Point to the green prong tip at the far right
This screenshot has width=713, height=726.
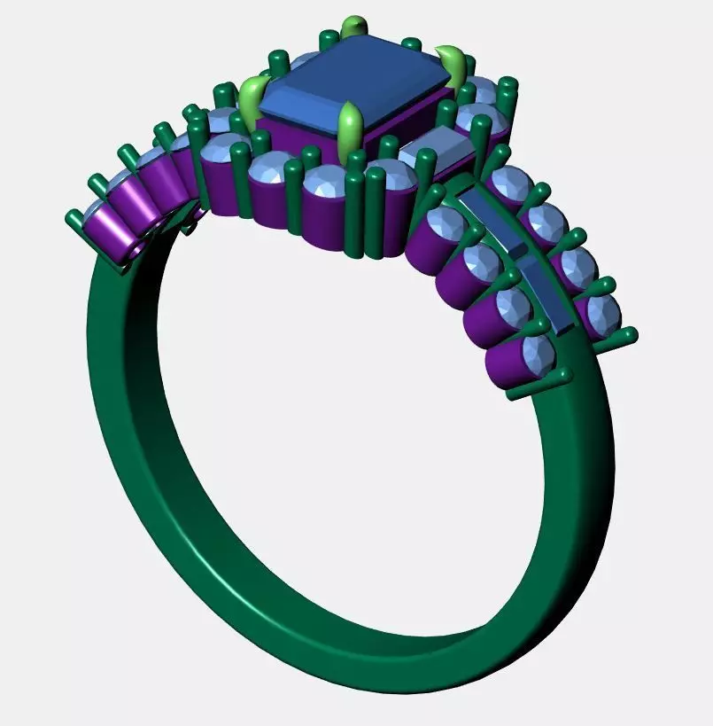[x=629, y=335]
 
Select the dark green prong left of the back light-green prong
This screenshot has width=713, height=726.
[x=329, y=39]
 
